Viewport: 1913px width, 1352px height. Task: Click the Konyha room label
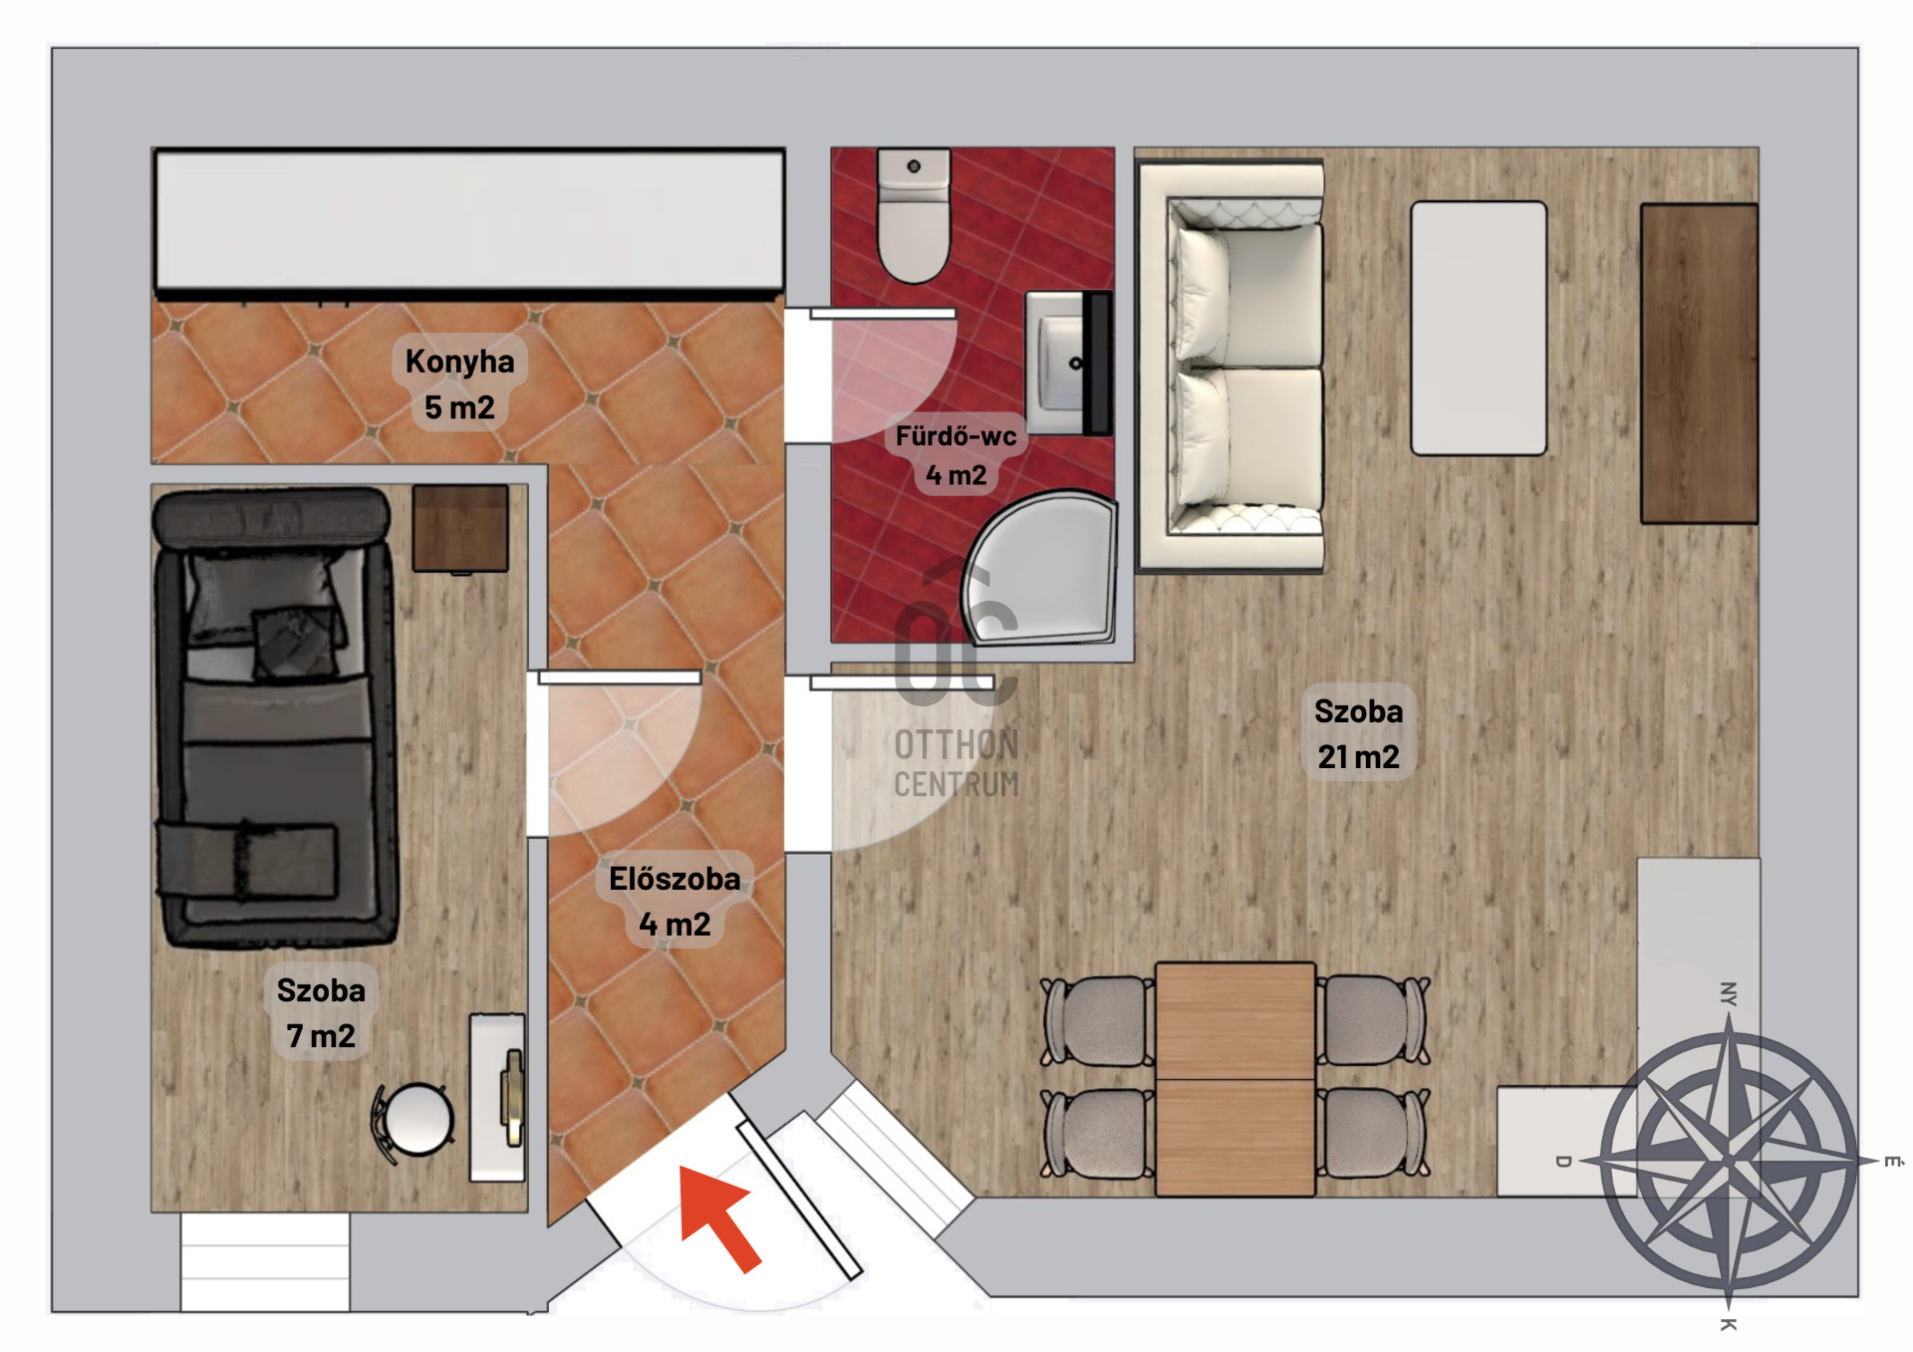(459, 361)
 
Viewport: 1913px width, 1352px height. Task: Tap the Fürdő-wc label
(956, 436)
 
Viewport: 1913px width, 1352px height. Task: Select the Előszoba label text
(675, 879)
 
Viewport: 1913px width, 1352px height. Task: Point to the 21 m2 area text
(1358, 757)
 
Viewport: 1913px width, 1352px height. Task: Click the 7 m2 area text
(320, 1036)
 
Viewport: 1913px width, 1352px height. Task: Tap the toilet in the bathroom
(914, 215)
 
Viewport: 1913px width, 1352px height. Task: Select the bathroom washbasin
(1069, 363)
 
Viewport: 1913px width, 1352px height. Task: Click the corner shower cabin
(1040, 568)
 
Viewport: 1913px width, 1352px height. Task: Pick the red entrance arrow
(718, 1217)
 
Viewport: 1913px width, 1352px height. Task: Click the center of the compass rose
(1729, 1161)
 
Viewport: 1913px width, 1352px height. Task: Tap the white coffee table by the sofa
(1479, 328)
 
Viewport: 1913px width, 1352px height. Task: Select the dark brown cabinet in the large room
(1699, 364)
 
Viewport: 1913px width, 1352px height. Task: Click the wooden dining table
(1235, 1079)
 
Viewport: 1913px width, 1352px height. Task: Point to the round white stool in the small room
(418, 1119)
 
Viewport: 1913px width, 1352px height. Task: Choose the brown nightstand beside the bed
(460, 529)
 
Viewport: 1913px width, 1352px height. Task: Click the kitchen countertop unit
(469, 221)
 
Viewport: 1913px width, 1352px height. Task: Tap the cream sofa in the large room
(1231, 368)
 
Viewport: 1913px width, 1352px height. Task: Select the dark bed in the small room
(275, 717)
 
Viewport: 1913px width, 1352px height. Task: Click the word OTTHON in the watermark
(956, 744)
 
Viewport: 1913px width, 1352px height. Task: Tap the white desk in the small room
(497, 1097)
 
